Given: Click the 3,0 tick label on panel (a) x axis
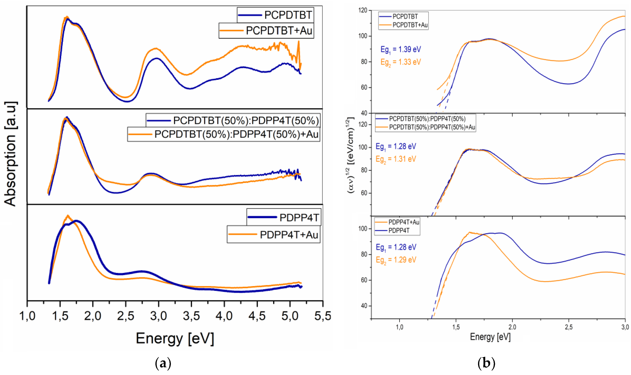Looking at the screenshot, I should tap(159, 316).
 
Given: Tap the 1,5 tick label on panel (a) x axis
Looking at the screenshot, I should tap(60, 316).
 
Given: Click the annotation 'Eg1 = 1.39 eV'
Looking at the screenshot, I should tap(401, 50).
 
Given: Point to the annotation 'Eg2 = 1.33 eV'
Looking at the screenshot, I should tap(401, 62).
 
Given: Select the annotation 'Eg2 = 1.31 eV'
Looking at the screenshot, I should tap(396, 159).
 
